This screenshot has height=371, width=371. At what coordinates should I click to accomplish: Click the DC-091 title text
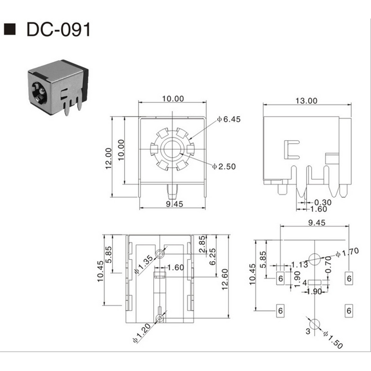[x=59, y=30]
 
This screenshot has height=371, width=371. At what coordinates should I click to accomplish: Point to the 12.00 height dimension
[x=108, y=157]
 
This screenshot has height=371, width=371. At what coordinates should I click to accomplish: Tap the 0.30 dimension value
[x=323, y=202]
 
